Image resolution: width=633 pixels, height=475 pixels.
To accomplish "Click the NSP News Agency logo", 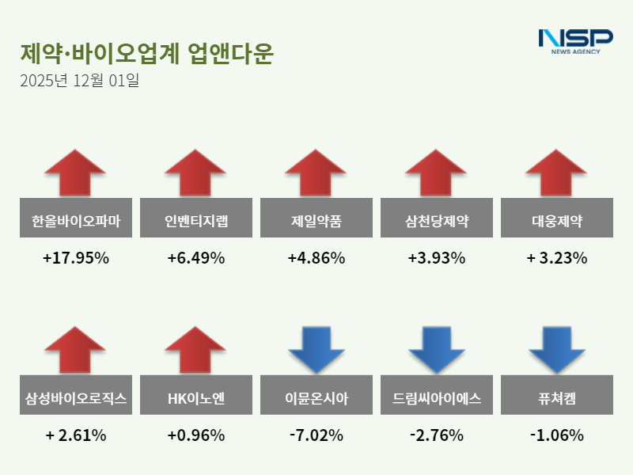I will coord(575,41).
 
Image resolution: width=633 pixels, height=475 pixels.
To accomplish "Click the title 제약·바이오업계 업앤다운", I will coord(146,54).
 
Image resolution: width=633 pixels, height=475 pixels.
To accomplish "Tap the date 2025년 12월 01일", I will coord(79,81).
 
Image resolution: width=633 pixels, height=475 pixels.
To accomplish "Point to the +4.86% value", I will coord(316,258).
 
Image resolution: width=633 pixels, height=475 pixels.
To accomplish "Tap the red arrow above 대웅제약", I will coord(557,171).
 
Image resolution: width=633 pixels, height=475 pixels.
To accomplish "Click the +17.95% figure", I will coord(76,258).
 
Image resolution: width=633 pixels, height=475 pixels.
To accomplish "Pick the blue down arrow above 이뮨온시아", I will coord(316,348).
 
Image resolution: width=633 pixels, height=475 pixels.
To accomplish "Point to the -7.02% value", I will coord(316,435).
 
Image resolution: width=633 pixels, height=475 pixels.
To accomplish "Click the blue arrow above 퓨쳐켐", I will coord(557,348).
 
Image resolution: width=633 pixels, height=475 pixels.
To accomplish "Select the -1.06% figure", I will coord(557,435).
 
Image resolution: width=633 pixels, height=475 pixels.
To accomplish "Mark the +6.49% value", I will coord(196,258).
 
